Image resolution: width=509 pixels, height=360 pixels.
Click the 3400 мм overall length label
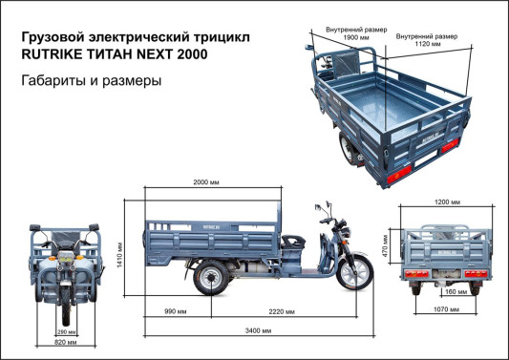pyautogui.click(x=256, y=330)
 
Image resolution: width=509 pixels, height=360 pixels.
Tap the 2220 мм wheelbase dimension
pyautogui.click(x=281, y=311)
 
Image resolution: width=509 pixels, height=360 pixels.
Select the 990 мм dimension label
pyautogui.click(x=175, y=311)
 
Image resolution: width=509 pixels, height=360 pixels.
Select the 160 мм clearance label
pyautogui.click(x=456, y=292)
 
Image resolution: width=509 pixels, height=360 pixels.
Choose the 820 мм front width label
pyautogui.click(x=65, y=342)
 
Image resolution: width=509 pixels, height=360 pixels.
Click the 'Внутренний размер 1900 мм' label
pyautogui.click(x=355, y=36)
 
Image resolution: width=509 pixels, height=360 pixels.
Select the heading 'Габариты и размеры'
pyautogui.click(x=91, y=81)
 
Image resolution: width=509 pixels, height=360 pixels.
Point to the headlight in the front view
pyautogui.click(x=65, y=255)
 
